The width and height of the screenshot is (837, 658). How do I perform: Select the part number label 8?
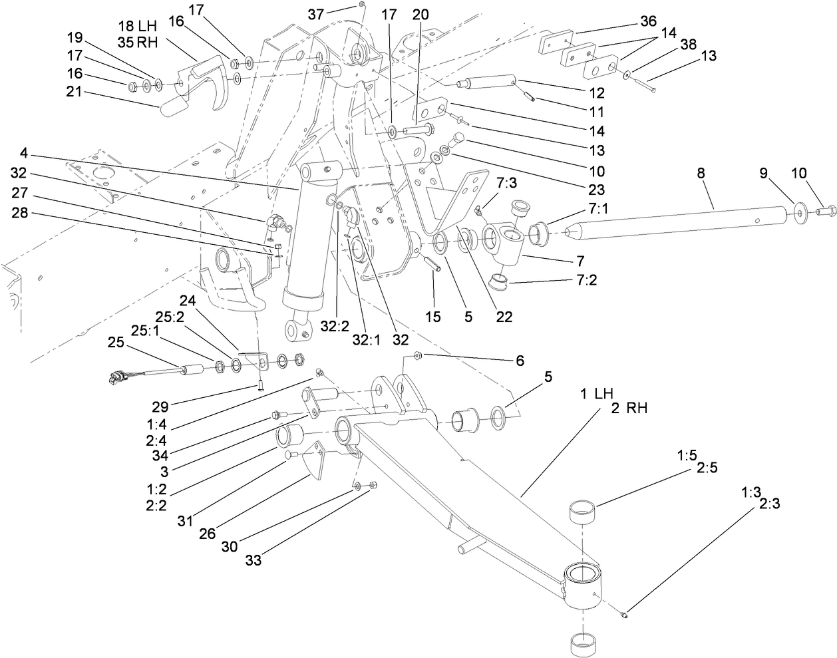point(701,173)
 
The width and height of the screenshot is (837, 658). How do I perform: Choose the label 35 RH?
point(136,43)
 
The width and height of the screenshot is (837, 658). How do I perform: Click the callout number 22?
point(504,317)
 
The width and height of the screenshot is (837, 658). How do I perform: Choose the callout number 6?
point(519,361)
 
